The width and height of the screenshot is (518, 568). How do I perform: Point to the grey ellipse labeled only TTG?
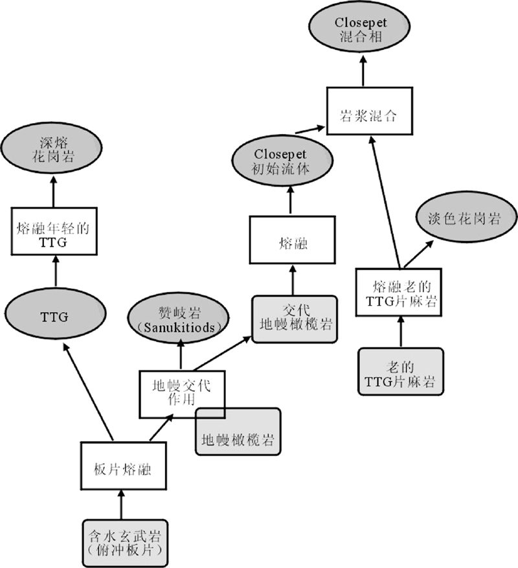pos(55,317)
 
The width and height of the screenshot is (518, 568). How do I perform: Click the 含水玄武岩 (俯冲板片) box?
pos(126,542)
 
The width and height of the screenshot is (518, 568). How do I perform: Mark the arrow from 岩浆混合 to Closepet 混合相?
pos(363,74)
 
